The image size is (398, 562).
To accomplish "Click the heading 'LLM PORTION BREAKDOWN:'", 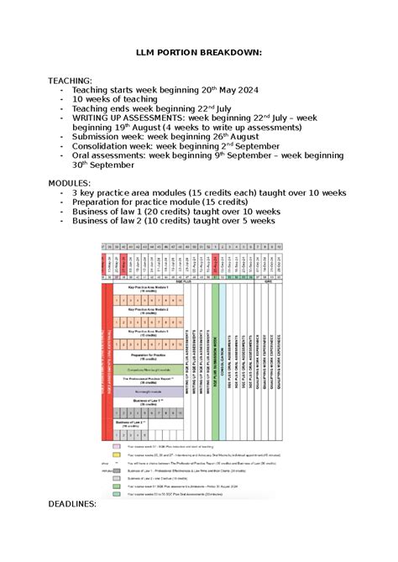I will click(x=199, y=52).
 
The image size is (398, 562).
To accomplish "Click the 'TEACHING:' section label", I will click(x=71, y=81).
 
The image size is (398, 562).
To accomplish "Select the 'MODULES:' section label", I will click(x=70, y=181).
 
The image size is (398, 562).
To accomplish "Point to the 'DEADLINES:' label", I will click(x=73, y=503).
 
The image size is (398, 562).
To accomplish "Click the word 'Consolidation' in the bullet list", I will click(x=103, y=145).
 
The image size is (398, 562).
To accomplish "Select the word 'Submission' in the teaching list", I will click(x=100, y=135).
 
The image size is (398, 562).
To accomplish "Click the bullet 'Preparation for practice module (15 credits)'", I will click(x=160, y=202).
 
